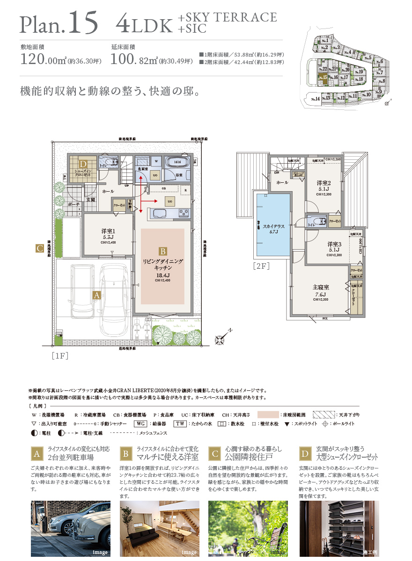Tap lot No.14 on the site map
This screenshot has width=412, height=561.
click(x=315, y=99)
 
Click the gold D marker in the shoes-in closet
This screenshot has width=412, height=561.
click(x=83, y=164)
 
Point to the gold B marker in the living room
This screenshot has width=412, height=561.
click(x=162, y=251)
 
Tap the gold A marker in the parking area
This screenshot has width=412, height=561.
click(x=97, y=295)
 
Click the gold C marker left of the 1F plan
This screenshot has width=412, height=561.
click(x=40, y=249)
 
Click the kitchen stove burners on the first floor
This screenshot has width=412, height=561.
click(x=183, y=213)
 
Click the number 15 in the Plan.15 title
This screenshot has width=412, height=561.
click(x=83, y=22)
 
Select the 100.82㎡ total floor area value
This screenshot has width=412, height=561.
click(x=133, y=59)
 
